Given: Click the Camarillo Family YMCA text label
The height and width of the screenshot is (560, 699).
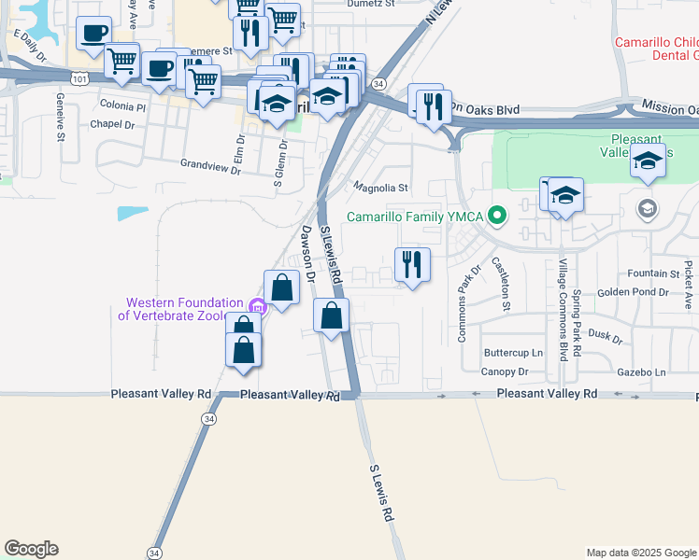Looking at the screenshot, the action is (x=415, y=217).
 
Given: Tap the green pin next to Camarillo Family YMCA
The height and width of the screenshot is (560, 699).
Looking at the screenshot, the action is (x=497, y=217).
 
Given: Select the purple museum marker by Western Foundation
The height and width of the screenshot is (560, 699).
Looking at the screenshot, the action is (x=257, y=305).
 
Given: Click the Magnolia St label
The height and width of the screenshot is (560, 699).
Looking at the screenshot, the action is (x=381, y=188).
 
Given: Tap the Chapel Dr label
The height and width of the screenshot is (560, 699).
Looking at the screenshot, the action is (x=113, y=124).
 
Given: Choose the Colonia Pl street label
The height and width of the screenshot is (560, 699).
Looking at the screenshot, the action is (x=123, y=106).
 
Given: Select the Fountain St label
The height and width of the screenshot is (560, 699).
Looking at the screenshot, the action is (x=653, y=273).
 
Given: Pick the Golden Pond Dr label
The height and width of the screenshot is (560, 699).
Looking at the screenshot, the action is (x=633, y=292).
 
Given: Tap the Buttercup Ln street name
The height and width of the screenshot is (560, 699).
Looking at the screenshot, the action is (x=513, y=354).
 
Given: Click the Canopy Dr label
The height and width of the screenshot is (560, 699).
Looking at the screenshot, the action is (x=505, y=371).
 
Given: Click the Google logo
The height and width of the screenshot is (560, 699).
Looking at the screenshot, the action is (x=31, y=549).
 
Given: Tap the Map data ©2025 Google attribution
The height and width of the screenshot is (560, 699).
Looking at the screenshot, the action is (x=640, y=553).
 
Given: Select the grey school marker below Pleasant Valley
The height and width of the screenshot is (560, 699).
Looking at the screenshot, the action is (x=645, y=207).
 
